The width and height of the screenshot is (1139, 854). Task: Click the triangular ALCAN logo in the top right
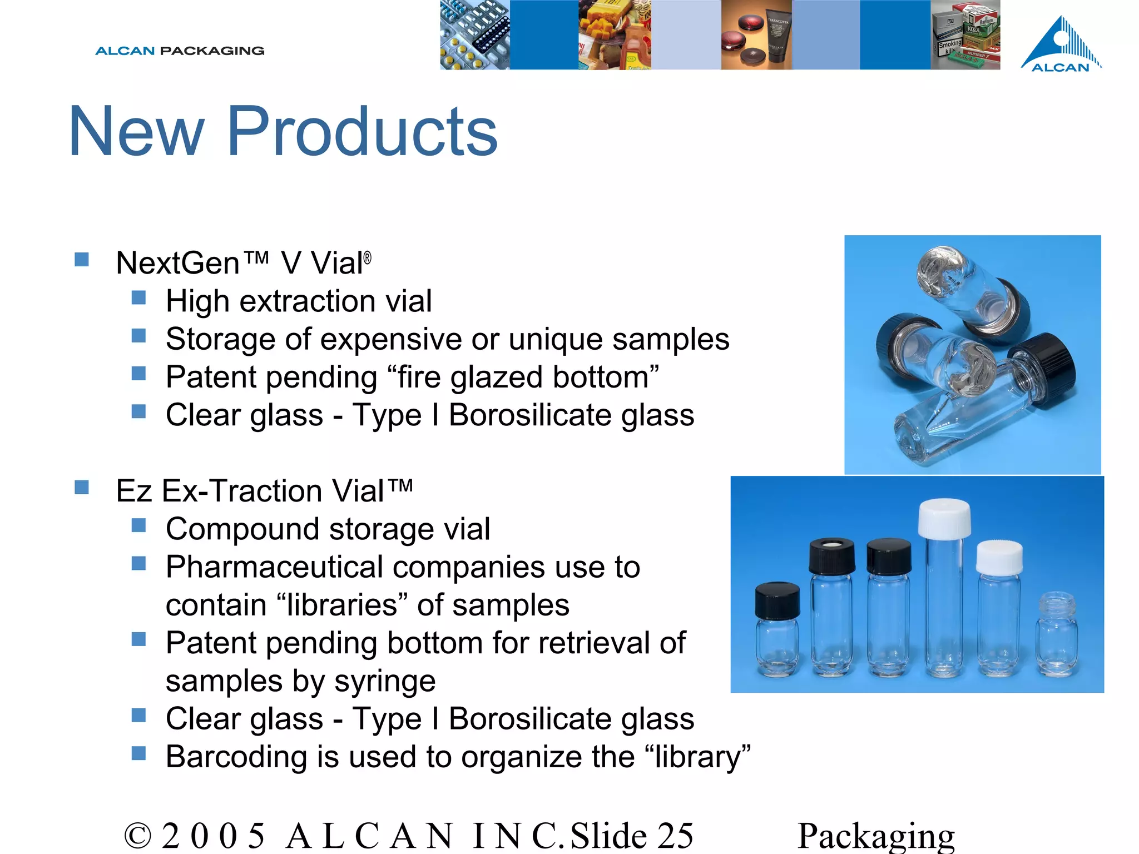click(x=1061, y=44)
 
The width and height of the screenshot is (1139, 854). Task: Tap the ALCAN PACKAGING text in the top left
click(x=180, y=51)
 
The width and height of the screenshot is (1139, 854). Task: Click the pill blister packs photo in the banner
click(x=474, y=34)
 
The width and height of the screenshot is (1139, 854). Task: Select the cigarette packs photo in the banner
click(x=965, y=34)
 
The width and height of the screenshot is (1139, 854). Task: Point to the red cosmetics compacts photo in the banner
click(x=756, y=34)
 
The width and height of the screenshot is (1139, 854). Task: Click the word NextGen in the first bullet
click(x=177, y=263)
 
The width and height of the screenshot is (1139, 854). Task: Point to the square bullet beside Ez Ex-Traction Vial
click(x=82, y=488)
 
